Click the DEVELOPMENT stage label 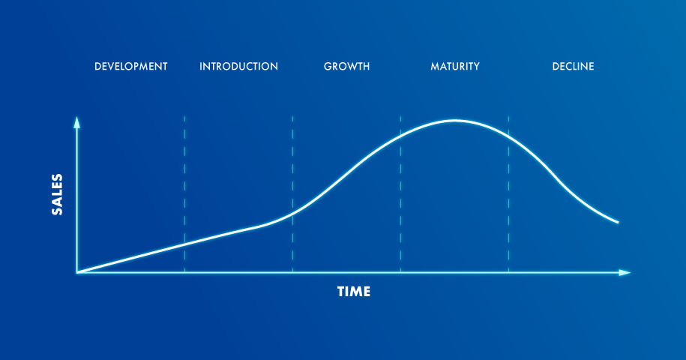(130, 67)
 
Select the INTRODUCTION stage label (239, 67)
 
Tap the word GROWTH (347, 67)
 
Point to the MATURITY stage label (455, 67)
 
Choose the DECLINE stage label (573, 67)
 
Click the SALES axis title (57, 195)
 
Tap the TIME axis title (354, 292)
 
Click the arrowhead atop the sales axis (77, 122)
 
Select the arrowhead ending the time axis (625, 272)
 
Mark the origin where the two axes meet (77, 272)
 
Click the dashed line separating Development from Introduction (184, 194)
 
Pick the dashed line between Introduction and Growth (292, 194)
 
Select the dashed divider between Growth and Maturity (401, 194)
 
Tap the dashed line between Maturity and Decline (509, 194)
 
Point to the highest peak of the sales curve (455, 120)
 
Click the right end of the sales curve (618, 222)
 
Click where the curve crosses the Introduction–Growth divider (292, 212)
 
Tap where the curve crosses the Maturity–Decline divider (509, 136)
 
